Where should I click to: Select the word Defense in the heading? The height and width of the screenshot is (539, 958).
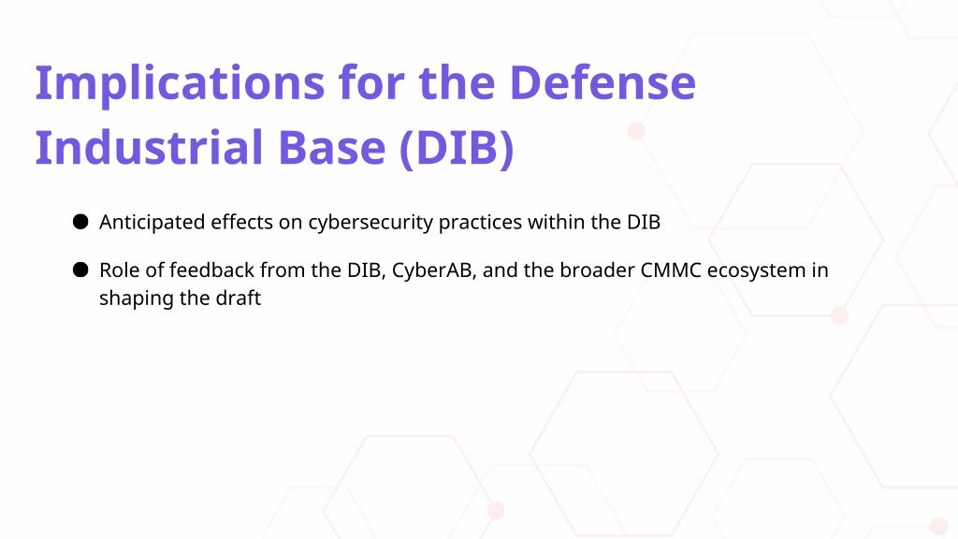[602, 82]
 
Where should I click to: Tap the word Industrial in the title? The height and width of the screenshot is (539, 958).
[149, 147]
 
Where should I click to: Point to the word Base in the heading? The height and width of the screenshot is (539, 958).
[332, 147]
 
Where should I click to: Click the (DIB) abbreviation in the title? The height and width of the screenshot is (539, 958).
[457, 149]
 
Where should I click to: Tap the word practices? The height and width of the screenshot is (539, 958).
[480, 223]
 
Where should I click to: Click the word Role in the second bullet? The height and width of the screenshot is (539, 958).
[120, 270]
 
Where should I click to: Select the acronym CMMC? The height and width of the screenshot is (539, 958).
[671, 270]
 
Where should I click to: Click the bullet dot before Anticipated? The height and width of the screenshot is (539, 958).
[80, 221]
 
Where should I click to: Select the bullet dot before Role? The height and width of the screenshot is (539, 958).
[80, 269]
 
